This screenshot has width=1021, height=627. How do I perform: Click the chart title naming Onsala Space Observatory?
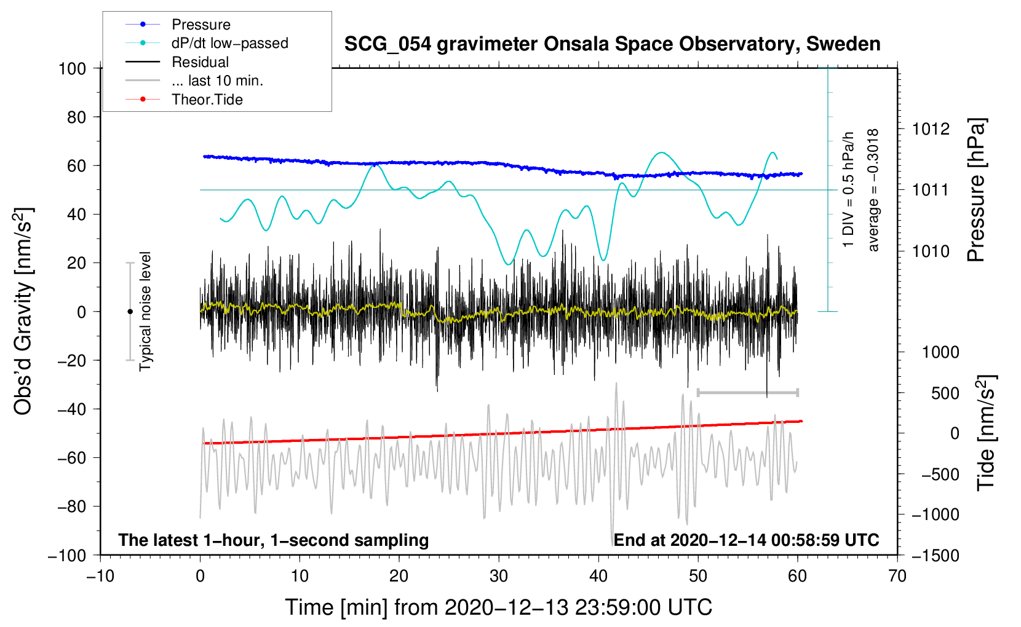point(612,44)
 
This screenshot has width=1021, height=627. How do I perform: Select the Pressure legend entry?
point(201,25)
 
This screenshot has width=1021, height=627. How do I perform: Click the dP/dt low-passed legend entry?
point(229,43)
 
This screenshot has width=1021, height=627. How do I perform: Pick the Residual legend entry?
point(200,62)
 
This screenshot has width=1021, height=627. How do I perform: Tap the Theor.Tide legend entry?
point(207,100)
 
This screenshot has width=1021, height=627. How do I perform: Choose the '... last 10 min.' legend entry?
point(217,81)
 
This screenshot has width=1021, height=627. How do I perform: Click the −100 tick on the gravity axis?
point(68,555)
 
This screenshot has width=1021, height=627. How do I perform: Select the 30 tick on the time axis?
point(499,576)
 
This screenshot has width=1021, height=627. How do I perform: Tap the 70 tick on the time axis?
point(897,576)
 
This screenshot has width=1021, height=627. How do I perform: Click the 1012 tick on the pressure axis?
point(931,129)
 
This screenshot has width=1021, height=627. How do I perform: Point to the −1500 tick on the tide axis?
point(936,555)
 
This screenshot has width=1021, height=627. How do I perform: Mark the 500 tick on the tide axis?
point(945,393)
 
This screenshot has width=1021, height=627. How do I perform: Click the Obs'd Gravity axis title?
point(23,312)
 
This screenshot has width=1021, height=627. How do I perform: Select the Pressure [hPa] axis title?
point(977,191)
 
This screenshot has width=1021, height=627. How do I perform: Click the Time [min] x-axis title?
point(499,607)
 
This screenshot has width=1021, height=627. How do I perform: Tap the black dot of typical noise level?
point(130,312)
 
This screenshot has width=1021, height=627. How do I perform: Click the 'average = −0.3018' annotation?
point(873,191)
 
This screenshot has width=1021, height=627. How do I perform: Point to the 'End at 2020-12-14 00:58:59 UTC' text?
point(746,540)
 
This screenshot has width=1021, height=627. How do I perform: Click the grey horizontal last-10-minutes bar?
point(747,392)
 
